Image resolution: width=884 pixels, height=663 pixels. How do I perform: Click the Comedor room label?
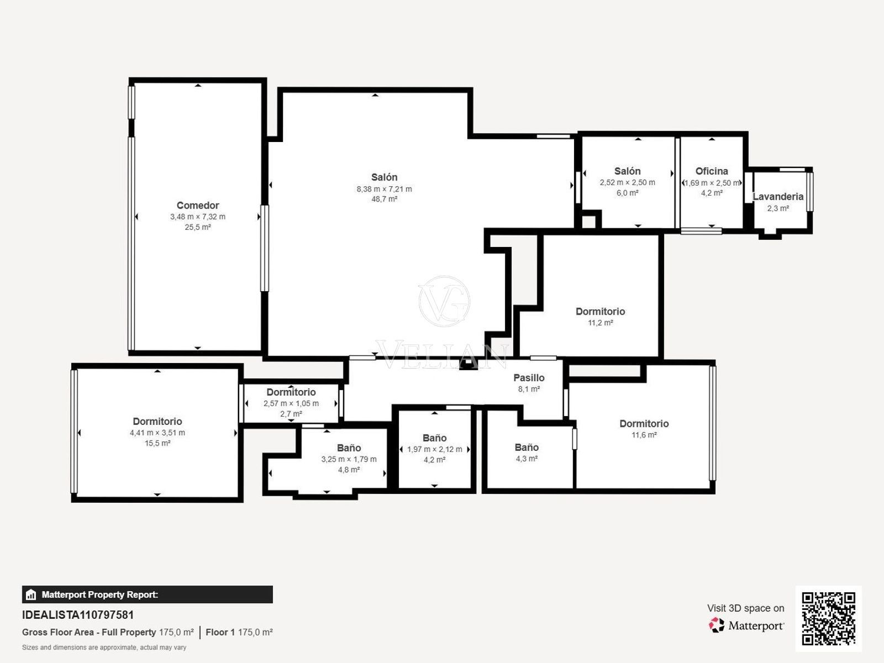coord(198,206)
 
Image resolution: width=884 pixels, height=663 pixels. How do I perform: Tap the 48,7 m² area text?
coord(384,199)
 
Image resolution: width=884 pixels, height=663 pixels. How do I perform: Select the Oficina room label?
coord(712,171)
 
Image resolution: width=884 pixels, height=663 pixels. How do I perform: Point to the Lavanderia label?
coord(778,197)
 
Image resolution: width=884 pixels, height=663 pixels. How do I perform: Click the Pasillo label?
coord(529,378)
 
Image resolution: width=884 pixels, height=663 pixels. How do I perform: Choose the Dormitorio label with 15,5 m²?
coord(157,422)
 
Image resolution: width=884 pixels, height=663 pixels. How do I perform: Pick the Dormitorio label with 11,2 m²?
coord(600,312)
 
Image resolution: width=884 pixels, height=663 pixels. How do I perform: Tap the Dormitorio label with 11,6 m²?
coord(644,423)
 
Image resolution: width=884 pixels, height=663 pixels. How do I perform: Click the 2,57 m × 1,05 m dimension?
coord(291,403)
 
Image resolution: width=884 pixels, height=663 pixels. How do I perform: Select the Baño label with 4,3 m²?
coord(527,447)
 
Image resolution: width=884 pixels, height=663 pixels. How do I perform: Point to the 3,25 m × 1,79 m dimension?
coord(349,459)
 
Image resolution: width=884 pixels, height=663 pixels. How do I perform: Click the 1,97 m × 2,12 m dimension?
coord(435,449)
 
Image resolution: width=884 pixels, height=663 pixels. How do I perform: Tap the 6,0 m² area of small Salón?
coord(628,193)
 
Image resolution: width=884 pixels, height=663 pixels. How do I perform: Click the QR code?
coord(828,618)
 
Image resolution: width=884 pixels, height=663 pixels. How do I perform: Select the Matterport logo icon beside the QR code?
coord(717,625)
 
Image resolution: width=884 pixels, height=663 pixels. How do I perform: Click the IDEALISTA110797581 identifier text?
coord(78,615)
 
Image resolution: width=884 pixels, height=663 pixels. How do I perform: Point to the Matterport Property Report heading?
coord(100,594)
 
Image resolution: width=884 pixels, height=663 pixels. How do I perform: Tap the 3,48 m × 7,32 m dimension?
coord(198,217)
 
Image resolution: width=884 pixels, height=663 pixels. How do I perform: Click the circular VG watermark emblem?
coord(444,302)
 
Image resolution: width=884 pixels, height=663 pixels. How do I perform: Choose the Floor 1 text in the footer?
coord(220,632)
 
